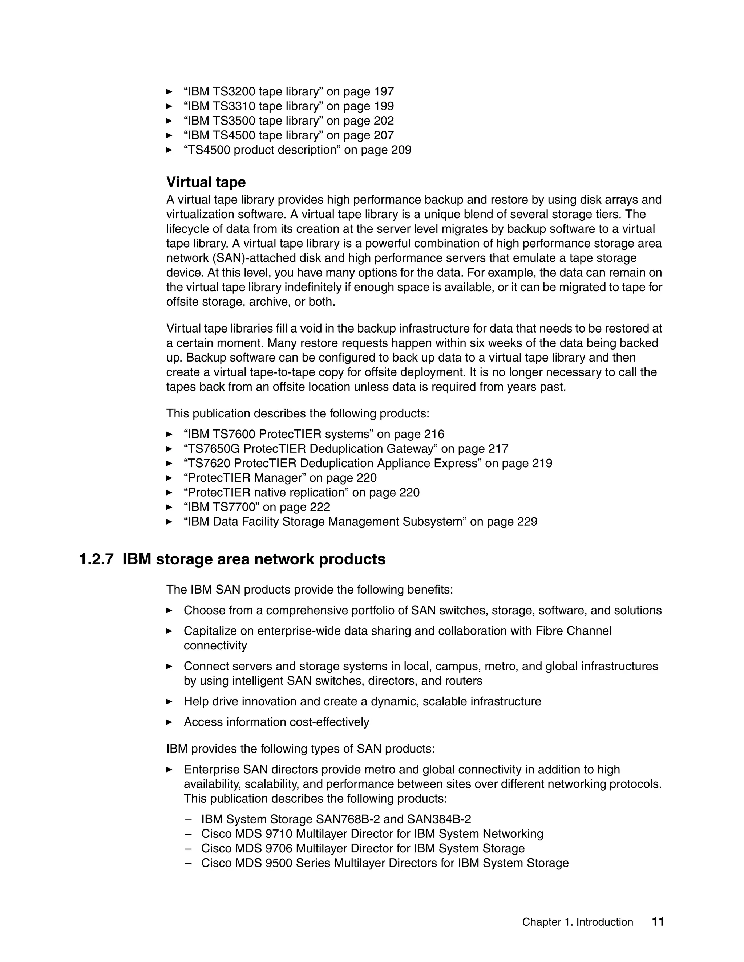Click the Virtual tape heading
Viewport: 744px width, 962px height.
click(x=206, y=182)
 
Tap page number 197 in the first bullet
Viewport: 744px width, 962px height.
click(x=384, y=91)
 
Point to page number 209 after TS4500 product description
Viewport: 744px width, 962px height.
click(x=401, y=150)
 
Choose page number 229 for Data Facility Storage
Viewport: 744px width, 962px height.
click(x=527, y=522)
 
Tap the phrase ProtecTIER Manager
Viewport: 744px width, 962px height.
click(x=242, y=478)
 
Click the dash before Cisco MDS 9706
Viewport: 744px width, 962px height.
click(x=189, y=848)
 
